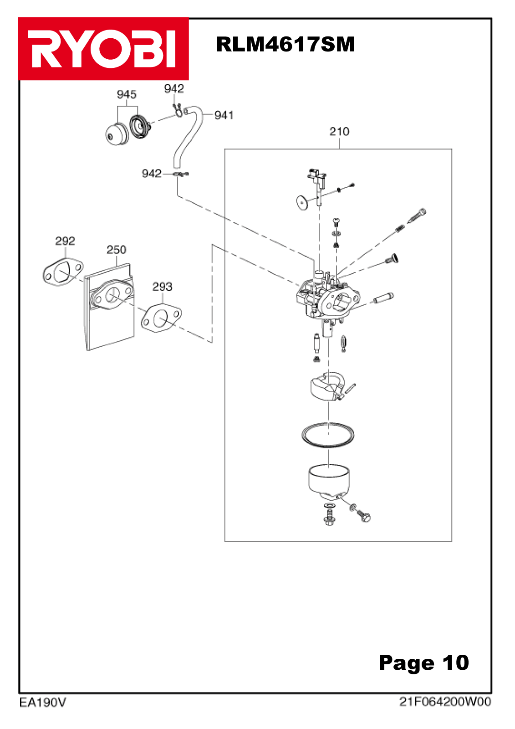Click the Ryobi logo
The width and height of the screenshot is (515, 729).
(103, 49)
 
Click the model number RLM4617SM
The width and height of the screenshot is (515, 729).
(285, 45)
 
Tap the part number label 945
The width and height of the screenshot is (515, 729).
(127, 94)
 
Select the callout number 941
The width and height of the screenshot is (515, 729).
(224, 115)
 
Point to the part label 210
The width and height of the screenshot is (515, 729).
(339, 132)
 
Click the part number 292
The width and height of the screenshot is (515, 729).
(65, 241)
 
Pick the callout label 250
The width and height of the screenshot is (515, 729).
(116, 250)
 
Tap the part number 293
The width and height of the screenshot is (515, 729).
(162, 287)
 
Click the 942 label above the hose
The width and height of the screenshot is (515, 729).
(174, 89)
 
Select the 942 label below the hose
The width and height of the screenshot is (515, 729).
(152, 174)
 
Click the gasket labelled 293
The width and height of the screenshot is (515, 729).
(161, 318)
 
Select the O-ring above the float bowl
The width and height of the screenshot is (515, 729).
(328, 435)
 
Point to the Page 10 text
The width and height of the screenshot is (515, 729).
(423, 662)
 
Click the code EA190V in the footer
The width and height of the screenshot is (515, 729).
(42, 703)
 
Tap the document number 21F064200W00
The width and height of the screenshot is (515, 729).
(445, 702)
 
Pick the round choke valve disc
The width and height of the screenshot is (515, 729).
(301, 201)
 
